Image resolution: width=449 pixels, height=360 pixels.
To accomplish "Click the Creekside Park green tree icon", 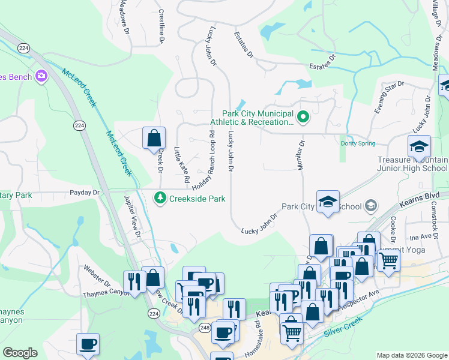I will pyautogui.click(x=160, y=197).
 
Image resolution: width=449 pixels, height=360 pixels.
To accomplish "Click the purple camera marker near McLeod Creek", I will pyautogui.click(x=41, y=76).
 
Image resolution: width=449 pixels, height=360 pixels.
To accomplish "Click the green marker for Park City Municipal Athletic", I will pyautogui.click(x=303, y=116).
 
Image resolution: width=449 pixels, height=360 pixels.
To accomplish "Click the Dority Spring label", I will pyautogui.click(x=358, y=143).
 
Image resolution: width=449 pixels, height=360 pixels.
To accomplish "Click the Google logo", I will pyautogui.click(x=20, y=353).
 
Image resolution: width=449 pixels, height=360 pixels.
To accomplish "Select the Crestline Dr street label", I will pyautogui.click(x=161, y=26).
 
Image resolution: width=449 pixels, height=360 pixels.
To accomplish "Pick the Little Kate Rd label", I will pyautogui.click(x=182, y=165).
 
